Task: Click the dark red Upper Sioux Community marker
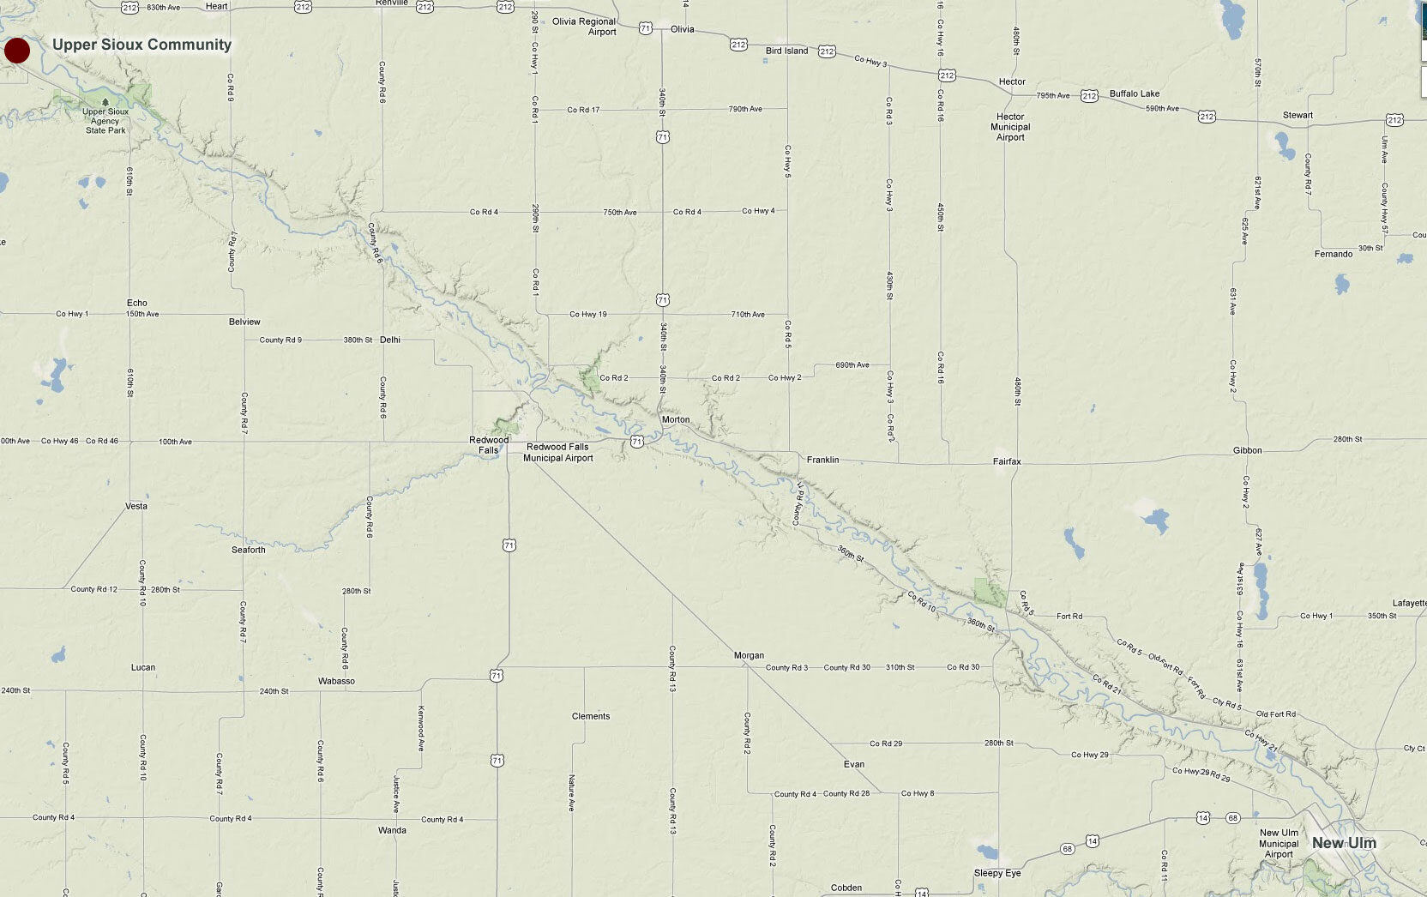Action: pyautogui.click(x=17, y=51)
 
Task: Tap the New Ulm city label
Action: pyautogui.click(x=1344, y=843)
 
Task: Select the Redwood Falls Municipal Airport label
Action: pyautogui.click(x=557, y=452)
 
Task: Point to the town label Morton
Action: pyautogui.click(x=676, y=419)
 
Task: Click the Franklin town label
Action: pyautogui.click(x=822, y=460)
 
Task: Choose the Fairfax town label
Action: pyautogui.click(x=1007, y=461)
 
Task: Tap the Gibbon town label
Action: pyautogui.click(x=1247, y=450)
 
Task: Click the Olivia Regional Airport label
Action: pyautogui.click(x=584, y=27)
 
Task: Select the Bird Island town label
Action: pyautogui.click(x=786, y=51)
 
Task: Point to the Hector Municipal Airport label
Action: pyautogui.click(x=1010, y=127)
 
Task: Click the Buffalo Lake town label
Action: pyautogui.click(x=1134, y=93)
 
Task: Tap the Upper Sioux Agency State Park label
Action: pyautogui.click(x=105, y=121)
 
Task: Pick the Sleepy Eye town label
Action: pyautogui.click(x=997, y=873)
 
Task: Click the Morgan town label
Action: pyautogui.click(x=749, y=655)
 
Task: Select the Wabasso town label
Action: pyautogui.click(x=336, y=681)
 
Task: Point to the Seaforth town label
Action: pyautogui.click(x=248, y=550)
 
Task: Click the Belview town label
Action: pyautogui.click(x=244, y=322)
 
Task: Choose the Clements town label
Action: pyautogui.click(x=591, y=716)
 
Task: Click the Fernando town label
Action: pyautogui.click(x=1333, y=254)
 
